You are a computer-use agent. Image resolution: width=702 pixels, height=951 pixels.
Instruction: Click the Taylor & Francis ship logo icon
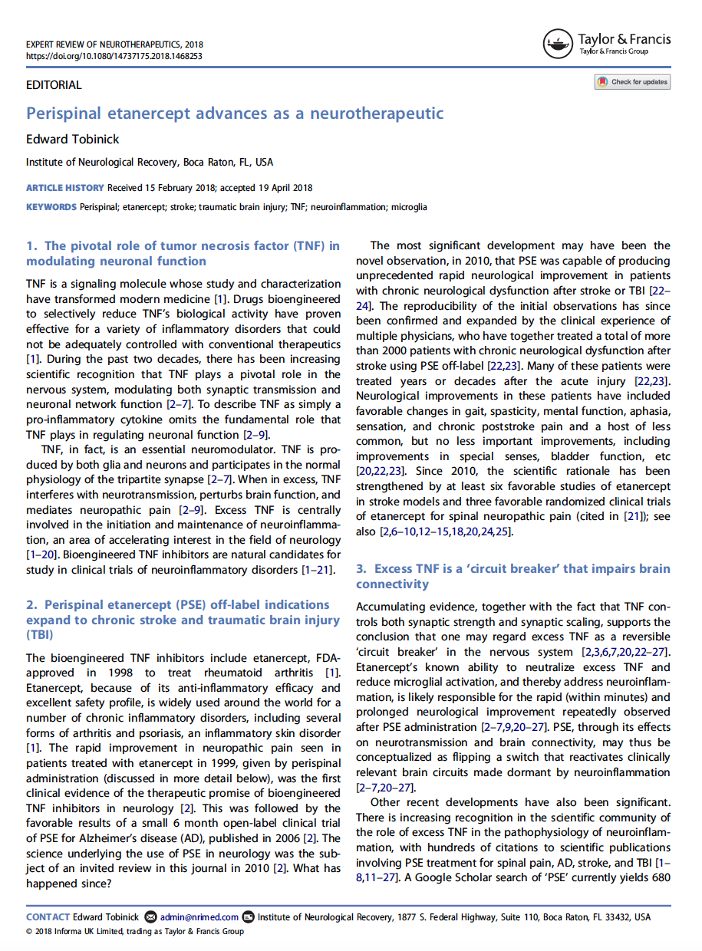pyautogui.click(x=558, y=44)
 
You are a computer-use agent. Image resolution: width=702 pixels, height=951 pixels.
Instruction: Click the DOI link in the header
pyautogui.click(x=114, y=56)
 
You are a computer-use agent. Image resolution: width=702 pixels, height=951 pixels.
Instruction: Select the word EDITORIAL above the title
pyautogui.click(x=54, y=85)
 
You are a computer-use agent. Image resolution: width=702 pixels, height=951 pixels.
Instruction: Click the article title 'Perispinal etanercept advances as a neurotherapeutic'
pyautogui.click(x=235, y=114)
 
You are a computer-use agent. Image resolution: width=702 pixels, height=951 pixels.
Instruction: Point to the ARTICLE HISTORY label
pyautogui.click(x=64, y=188)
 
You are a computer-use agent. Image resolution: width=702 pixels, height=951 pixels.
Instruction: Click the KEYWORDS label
pyautogui.click(x=51, y=207)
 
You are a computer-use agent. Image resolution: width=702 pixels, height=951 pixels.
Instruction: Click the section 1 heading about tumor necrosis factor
pyautogui.click(x=183, y=253)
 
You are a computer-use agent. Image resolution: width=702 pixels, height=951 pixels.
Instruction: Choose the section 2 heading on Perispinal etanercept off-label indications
pyautogui.click(x=183, y=620)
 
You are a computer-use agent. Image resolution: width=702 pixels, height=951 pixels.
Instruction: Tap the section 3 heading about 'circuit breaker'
pyautogui.click(x=512, y=576)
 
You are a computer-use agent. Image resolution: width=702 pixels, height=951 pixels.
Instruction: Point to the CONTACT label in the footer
pyautogui.click(x=48, y=917)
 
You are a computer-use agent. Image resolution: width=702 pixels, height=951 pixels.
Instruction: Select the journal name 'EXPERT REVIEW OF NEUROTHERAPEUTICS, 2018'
pyautogui.click(x=114, y=44)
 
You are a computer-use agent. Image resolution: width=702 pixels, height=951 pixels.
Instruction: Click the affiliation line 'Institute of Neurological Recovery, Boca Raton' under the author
pyautogui.click(x=150, y=163)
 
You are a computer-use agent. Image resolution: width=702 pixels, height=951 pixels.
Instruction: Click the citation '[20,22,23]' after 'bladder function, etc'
pyautogui.click(x=382, y=472)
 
